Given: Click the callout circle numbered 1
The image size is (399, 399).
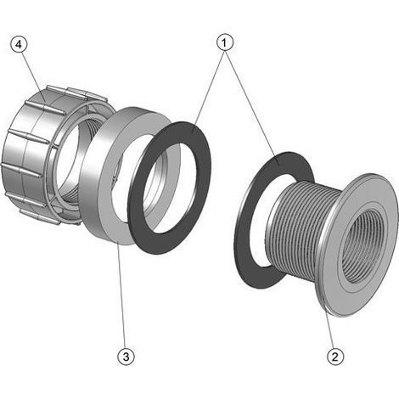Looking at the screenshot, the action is tap(225, 42).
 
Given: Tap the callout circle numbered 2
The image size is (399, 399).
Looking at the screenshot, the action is tap(335, 357).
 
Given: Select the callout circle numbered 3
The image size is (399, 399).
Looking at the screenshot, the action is tap(126, 357).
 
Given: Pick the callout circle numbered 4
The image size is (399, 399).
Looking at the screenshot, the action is tap(19, 45).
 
